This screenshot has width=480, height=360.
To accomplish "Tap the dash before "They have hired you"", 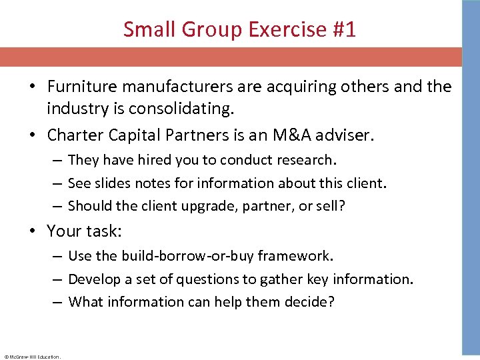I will (57, 160).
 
